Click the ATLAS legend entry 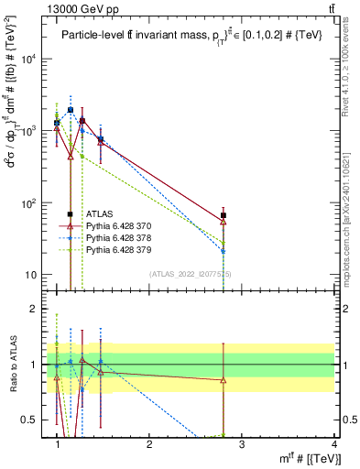click(x=99, y=213)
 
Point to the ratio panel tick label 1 click(x=36, y=365)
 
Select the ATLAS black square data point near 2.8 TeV click(x=224, y=215)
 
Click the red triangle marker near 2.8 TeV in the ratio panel click(x=224, y=379)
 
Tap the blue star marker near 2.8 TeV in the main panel click(x=224, y=250)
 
